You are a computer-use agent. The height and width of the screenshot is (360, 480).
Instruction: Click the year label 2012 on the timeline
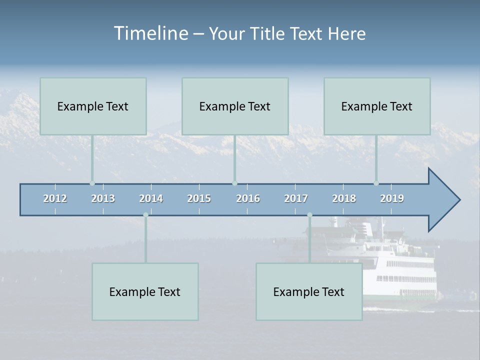point(55,198)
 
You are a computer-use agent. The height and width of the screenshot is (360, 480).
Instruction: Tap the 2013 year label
point(103,198)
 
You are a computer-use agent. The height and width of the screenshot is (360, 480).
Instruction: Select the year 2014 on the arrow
point(151,198)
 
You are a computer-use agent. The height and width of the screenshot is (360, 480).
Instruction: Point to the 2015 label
point(199,198)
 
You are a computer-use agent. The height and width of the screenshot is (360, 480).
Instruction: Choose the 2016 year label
point(248,198)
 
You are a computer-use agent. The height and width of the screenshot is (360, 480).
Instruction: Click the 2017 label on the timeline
point(296,198)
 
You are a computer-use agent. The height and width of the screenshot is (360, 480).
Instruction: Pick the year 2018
point(344,198)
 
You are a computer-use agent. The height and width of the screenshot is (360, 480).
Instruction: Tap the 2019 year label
point(392,198)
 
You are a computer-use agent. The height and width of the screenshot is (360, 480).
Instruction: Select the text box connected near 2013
point(93,106)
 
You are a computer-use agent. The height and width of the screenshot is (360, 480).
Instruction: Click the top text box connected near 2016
point(235,106)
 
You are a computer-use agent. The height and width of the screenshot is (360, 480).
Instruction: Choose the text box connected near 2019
point(377,106)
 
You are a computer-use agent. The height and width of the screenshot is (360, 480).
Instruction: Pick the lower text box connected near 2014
point(145,292)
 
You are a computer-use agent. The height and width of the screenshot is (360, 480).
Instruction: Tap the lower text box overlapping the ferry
point(309,292)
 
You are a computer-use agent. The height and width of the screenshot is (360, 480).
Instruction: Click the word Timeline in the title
point(150,33)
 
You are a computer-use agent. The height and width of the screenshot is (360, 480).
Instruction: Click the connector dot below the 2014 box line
point(145,215)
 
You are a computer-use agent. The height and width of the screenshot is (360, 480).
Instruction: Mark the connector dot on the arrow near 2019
point(376,183)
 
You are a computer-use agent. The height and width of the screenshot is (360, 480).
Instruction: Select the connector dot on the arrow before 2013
point(92,183)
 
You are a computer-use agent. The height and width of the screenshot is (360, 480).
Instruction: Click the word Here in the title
point(346,34)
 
